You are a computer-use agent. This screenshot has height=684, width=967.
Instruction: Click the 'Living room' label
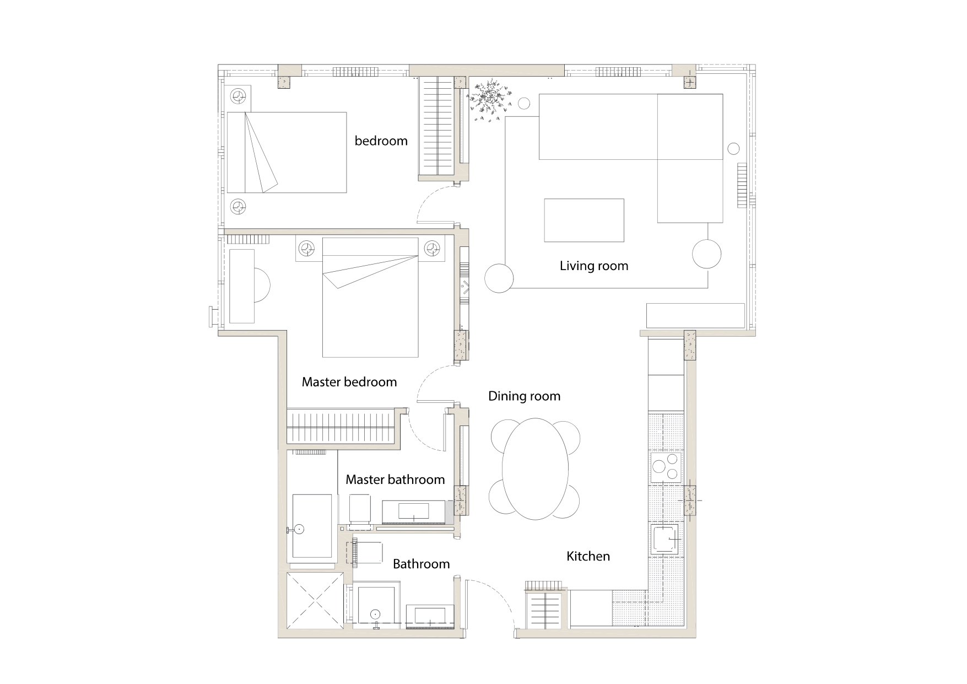pyautogui.click(x=593, y=266)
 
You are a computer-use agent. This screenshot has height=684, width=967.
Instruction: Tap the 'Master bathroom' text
pyautogui.click(x=395, y=480)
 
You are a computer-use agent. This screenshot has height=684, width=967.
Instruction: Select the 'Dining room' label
pyautogui.click(x=524, y=396)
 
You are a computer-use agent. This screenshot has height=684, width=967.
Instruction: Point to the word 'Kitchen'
pyautogui.click(x=588, y=556)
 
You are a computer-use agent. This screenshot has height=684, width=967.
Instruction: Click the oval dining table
pyautogui.click(x=535, y=469)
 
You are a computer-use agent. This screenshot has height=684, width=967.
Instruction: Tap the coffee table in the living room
pyautogui.click(x=584, y=220)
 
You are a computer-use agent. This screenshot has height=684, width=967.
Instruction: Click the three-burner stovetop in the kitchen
pyautogui.click(x=666, y=466)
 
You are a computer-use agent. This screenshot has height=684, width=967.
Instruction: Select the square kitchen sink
pyautogui.click(x=666, y=538)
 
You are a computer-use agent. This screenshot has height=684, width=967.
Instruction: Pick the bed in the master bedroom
pyautogui.click(x=370, y=298)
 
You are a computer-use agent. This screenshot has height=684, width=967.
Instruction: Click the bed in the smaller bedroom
pyautogui.click(x=287, y=152)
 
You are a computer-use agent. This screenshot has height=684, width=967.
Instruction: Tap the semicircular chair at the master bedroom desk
pyautogui.click(x=261, y=285)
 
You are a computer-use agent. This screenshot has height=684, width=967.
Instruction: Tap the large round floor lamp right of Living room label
pyautogui.click(x=706, y=254)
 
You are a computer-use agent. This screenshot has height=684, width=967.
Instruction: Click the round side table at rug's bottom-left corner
pyautogui.click(x=499, y=278)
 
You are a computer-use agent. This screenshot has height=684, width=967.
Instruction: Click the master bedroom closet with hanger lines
pyautogui.click(x=342, y=426)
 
